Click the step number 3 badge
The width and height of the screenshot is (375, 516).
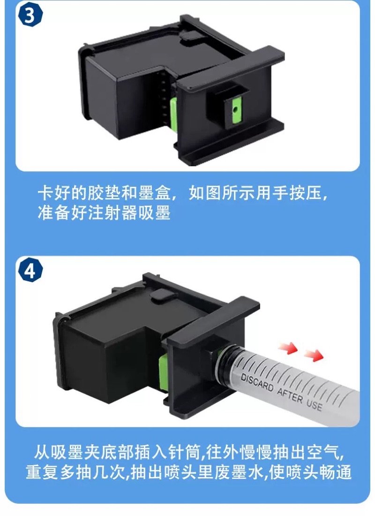click(30, 15)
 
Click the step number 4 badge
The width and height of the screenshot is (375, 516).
click(30, 271)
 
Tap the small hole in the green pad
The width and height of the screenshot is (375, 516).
click(234, 108)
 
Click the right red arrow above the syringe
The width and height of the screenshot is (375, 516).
click(314, 356)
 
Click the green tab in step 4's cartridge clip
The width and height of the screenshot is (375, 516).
click(163, 372)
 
